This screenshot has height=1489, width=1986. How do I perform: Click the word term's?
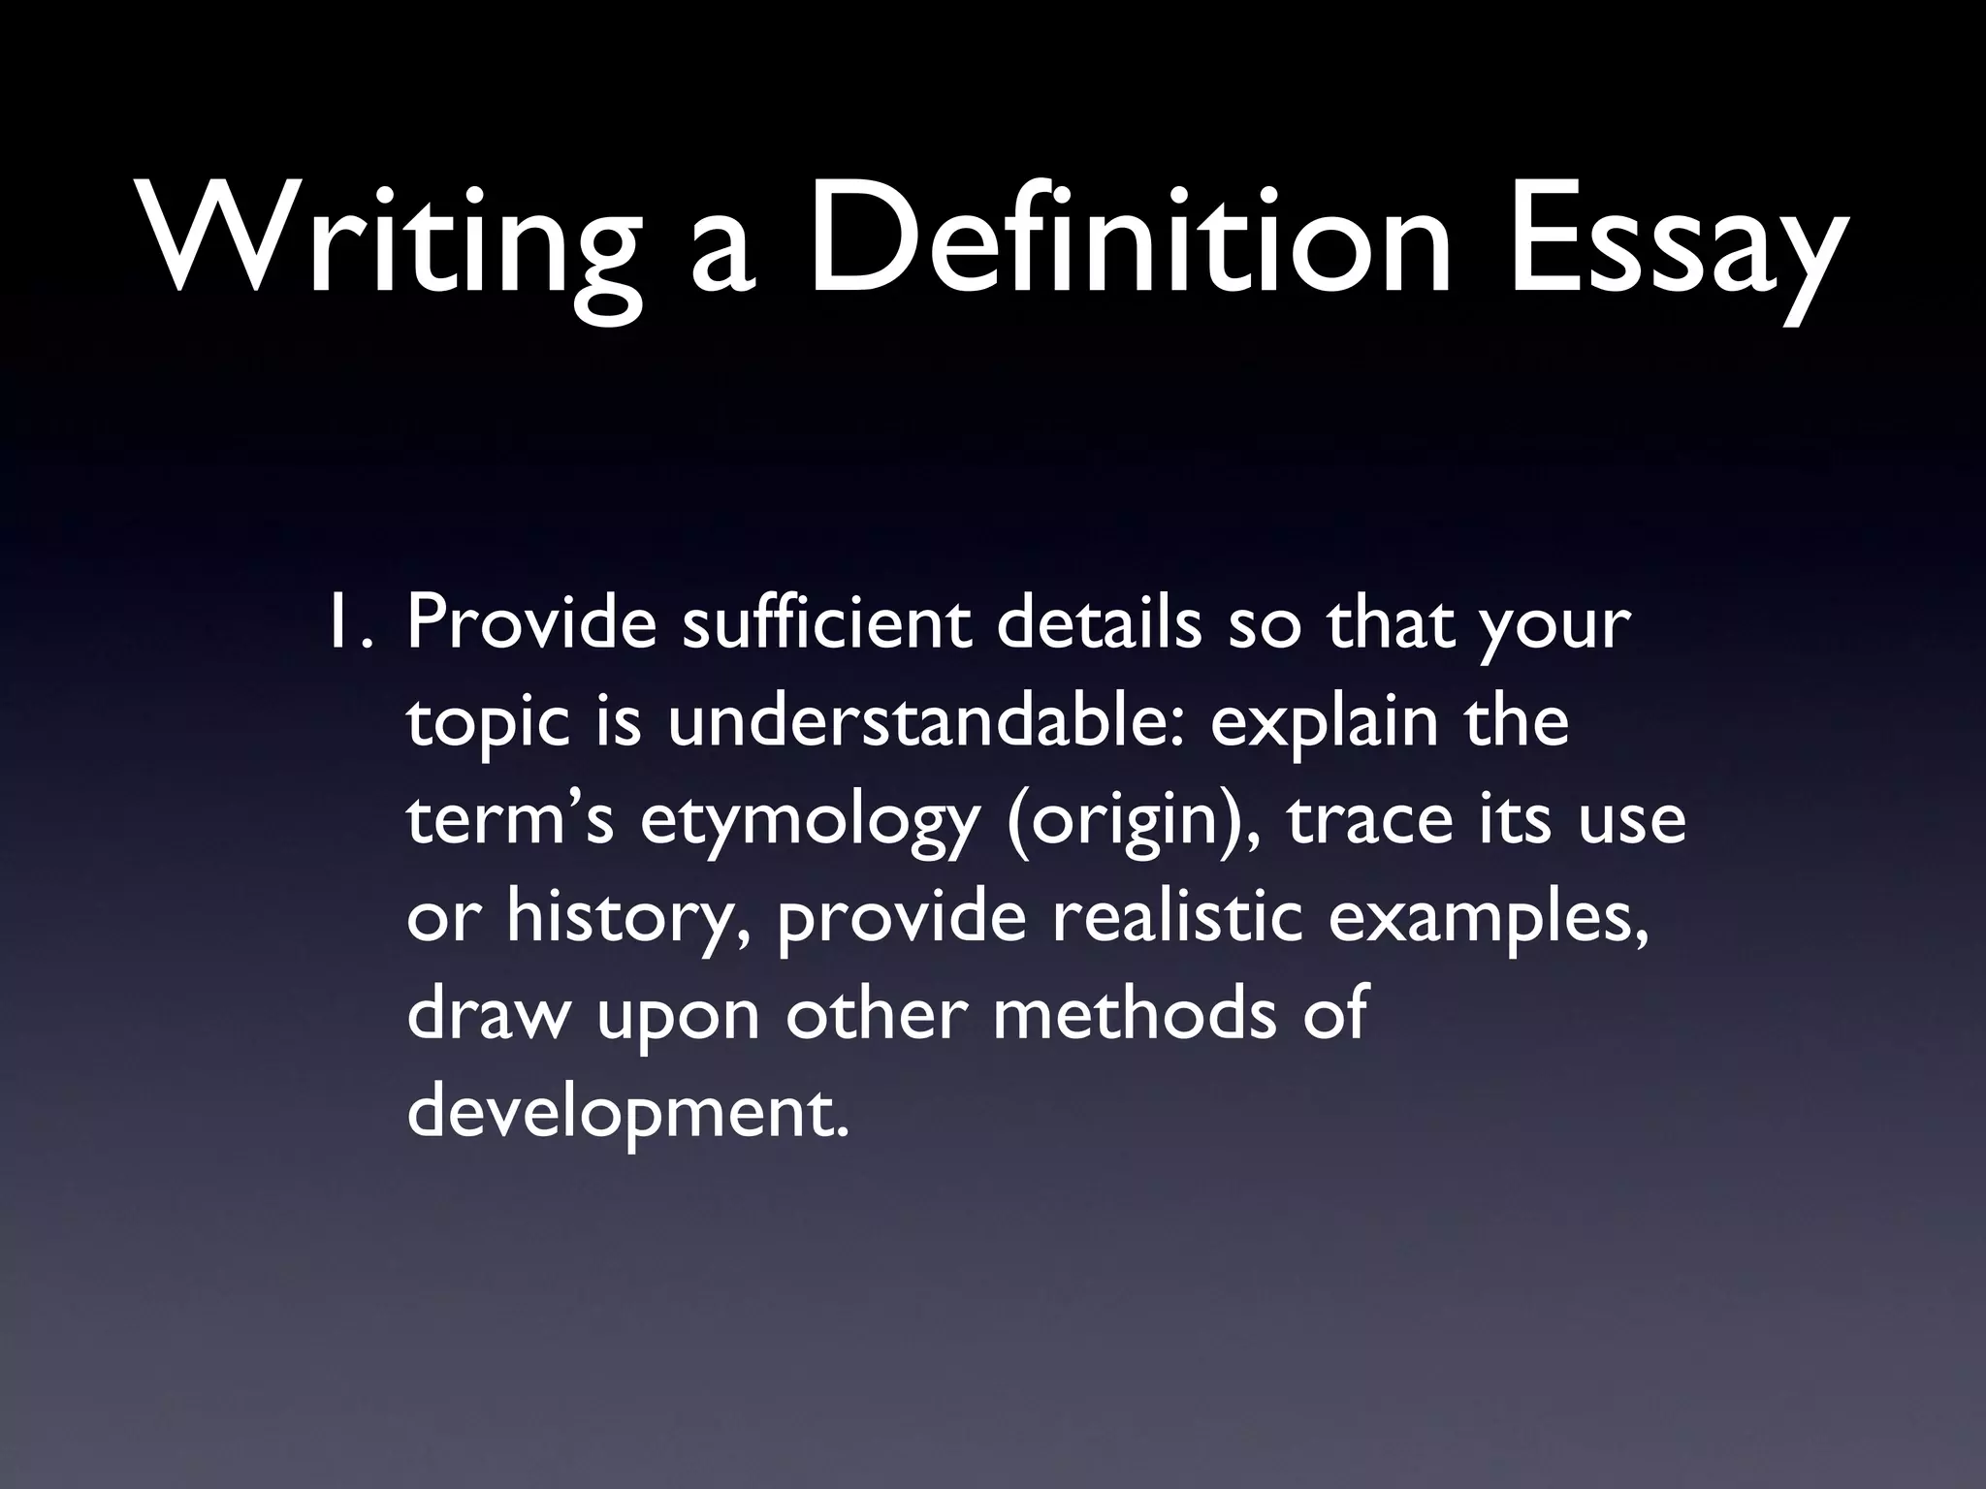[x=510, y=819]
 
